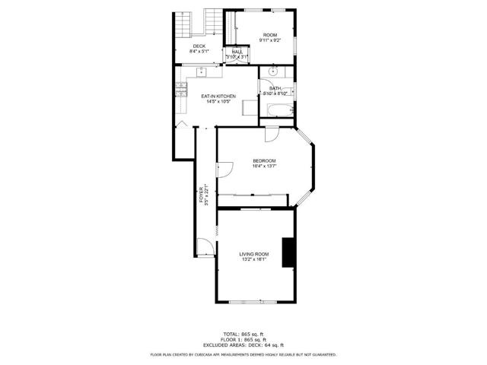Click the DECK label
coord(199,46)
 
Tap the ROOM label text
coord(269,35)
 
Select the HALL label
coord(237,52)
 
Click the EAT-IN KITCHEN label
coord(218,97)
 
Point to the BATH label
coord(275,88)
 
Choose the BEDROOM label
coord(264,160)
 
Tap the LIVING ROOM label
coord(254,254)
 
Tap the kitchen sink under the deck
coord(202,71)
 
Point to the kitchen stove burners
coord(181,90)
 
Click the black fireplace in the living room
coord(288,253)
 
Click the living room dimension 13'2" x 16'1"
coord(254,260)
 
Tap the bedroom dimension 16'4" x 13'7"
coord(264,167)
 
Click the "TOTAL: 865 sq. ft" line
coord(243,334)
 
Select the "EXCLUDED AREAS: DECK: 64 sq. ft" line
coord(243,344)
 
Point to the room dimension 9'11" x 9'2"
coord(269,41)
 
